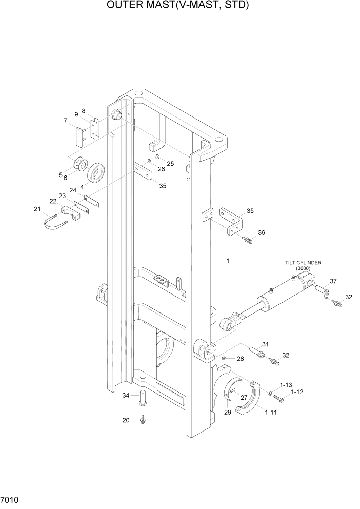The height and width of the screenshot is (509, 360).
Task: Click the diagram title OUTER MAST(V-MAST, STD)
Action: point(178,6)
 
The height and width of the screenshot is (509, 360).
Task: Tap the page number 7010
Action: point(10,499)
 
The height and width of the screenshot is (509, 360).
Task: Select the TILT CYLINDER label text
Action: point(303,262)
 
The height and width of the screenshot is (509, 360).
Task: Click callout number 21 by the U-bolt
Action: point(37,209)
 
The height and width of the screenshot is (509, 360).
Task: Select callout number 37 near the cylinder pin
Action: point(333,281)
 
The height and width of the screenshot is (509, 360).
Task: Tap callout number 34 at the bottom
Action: point(126,395)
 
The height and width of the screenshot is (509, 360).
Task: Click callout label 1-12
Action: point(297,393)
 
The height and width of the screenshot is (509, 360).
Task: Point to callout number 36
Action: point(262,233)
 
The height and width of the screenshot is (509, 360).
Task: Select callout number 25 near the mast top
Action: point(171,164)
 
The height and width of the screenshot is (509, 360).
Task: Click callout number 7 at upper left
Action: point(65,121)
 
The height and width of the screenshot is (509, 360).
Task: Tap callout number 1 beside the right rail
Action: point(227,261)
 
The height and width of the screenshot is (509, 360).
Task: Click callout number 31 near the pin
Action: point(265,344)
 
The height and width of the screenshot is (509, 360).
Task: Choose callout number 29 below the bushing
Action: point(227,412)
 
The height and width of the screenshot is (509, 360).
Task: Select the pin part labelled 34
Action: point(143,398)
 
